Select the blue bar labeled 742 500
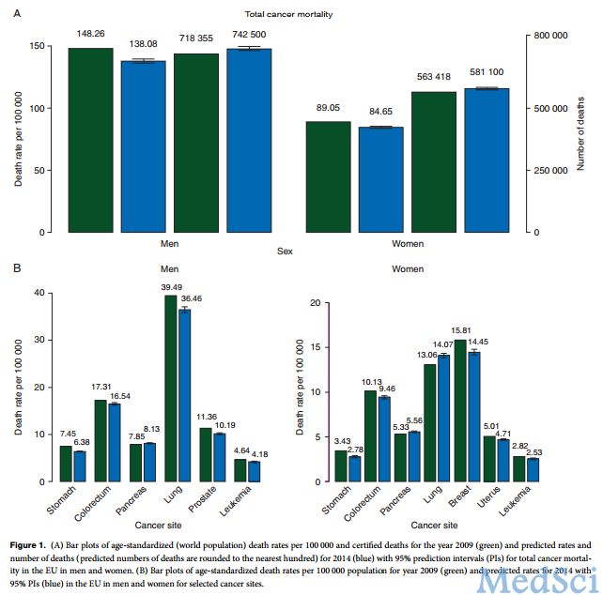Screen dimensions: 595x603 [x=248, y=140]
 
